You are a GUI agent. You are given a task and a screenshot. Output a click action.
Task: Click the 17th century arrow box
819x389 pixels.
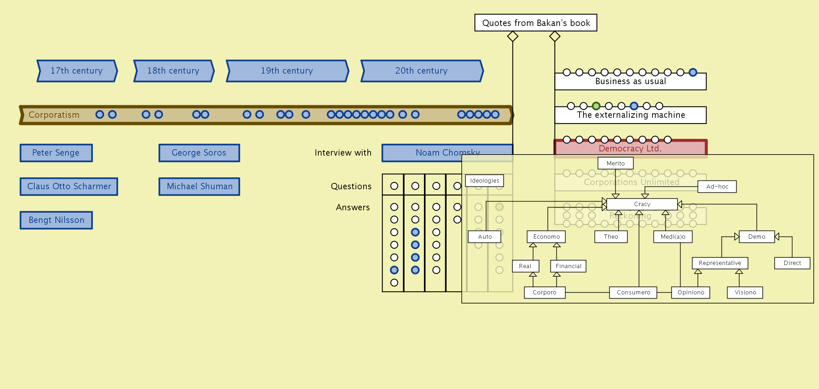click(77, 71)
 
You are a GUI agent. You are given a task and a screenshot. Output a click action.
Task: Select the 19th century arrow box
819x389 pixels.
click(287, 71)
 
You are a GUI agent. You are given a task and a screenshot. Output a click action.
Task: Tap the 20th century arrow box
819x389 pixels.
click(422, 71)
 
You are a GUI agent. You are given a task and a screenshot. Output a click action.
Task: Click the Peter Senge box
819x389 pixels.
click(56, 153)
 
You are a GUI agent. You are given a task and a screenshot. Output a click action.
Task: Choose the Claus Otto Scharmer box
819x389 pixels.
click(69, 186)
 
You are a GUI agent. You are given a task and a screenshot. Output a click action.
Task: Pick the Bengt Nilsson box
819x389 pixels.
click(56, 220)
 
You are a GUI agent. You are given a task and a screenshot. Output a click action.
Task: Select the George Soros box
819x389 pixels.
click(199, 153)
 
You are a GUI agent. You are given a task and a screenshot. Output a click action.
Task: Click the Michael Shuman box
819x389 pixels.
click(199, 186)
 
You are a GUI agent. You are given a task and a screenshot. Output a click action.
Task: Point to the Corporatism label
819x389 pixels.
click(54, 115)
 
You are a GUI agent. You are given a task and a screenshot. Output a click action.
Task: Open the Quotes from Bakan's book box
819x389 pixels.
click(536, 23)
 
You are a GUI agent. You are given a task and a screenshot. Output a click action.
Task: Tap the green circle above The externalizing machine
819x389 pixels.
click(596, 106)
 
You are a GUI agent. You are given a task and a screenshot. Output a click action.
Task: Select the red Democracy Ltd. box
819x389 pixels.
click(630, 149)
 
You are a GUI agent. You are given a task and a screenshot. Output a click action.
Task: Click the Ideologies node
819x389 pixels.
click(485, 180)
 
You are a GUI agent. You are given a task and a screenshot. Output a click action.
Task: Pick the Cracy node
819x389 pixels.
click(642, 204)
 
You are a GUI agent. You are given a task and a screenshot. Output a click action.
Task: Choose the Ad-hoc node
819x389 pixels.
click(717, 186)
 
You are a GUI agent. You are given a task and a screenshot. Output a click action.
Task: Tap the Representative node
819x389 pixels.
click(720, 263)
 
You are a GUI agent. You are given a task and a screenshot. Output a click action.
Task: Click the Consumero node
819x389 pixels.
click(633, 292)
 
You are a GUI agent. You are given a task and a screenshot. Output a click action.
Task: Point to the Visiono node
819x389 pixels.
click(745, 292)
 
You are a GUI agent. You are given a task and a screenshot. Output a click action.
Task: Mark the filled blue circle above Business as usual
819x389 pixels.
click(693, 72)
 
